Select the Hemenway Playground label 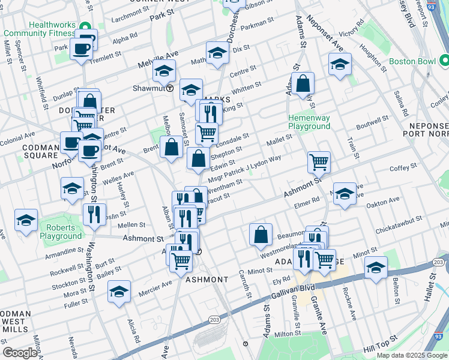pyautogui.click(x=309, y=122)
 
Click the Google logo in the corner pyautogui.click(x=20, y=352)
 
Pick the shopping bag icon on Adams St pyautogui.click(x=304, y=83)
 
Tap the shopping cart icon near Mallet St pyautogui.click(x=319, y=161)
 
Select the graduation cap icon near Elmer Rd pyautogui.click(x=345, y=194)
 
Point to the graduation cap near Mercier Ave pyautogui.click(x=119, y=292)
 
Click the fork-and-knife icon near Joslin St pyautogui.click(x=94, y=215)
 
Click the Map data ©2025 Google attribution pyautogui.click(x=411, y=355)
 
